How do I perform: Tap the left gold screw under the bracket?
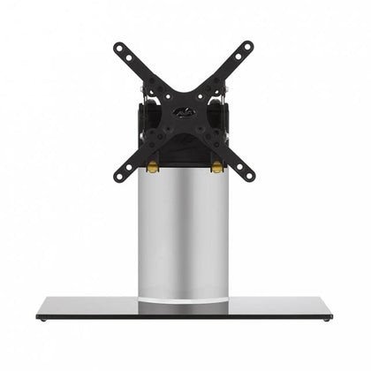click(x=153, y=166)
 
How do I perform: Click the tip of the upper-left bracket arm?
click(x=118, y=47)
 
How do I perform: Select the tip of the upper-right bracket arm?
click(x=249, y=46)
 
